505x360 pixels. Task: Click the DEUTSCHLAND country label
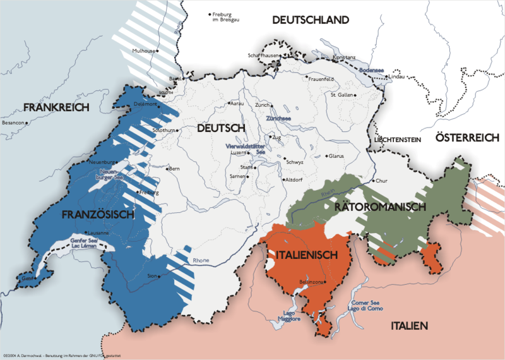click(x=311, y=20)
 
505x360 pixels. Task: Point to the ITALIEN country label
click(x=410, y=325)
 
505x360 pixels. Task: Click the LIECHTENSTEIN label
click(x=397, y=139)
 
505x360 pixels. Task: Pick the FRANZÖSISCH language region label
click(x=100, y=215)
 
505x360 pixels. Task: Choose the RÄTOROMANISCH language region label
click(x=381, y=207)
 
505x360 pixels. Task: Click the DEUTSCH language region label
click(x=220, y=128)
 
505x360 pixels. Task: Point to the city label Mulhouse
click(x=144, y=50)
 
